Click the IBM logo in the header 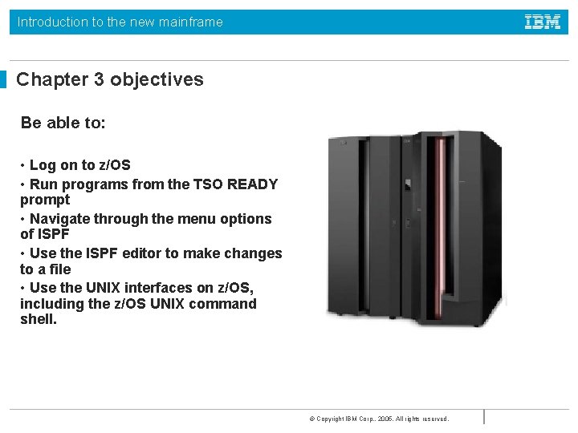click(543, 22)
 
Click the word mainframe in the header click(192, 22)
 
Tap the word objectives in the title click(157, 79)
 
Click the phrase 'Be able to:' click(63, 123)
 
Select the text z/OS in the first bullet click(114, 165)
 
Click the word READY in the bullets click(252, 184)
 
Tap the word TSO click(208, 184)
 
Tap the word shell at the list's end click(38, 319)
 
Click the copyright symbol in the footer click(311, 419)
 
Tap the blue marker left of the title click(3, 79)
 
